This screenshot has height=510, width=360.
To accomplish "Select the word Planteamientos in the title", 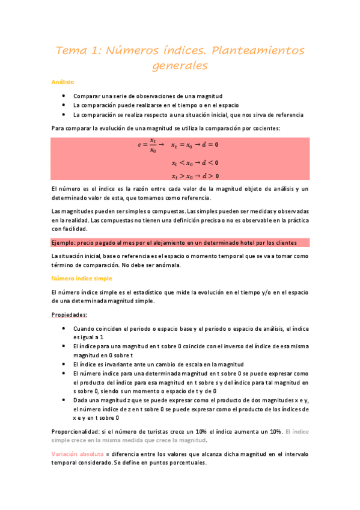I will coord(252,51).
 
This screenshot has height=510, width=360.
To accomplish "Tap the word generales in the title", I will coord(180,66).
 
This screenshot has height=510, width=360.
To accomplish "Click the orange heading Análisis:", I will coord(63,82).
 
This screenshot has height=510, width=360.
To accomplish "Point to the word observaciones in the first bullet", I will coord(147,96).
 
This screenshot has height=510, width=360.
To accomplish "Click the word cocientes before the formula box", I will coord(264,128).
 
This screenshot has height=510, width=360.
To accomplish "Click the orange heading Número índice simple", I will coord(82,278).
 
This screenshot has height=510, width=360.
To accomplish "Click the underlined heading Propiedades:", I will coord(70,315).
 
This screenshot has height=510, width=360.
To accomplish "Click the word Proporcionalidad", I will coord(75,431).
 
